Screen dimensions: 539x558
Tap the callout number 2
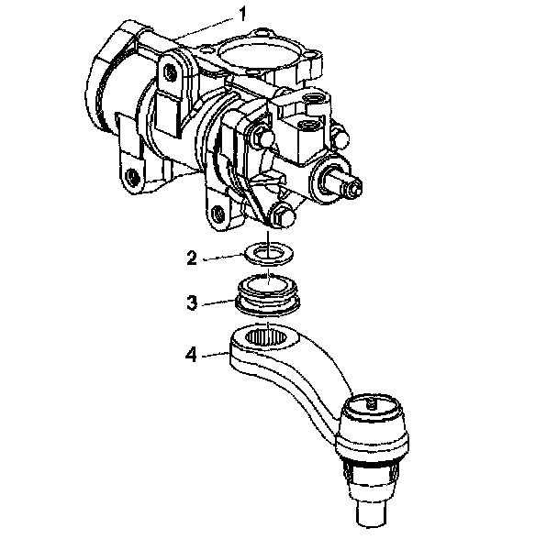click(191, 258)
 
